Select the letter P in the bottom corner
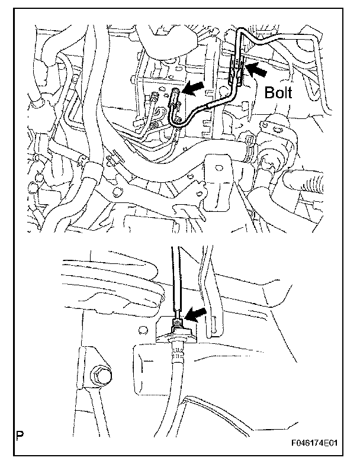(x=21, y=439)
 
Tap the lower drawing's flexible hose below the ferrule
(x=173, y=391)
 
